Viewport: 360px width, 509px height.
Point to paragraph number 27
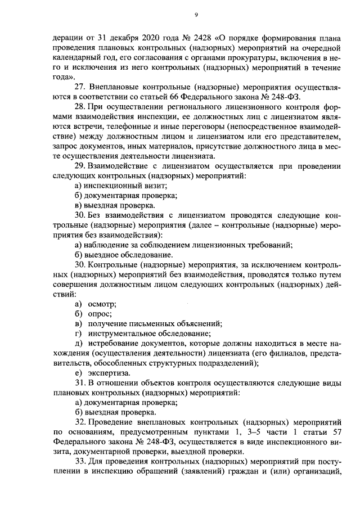[x=79, y=88]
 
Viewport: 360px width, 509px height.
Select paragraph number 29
[x=79, y=166]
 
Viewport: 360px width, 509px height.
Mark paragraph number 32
[x=79, y=422]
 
